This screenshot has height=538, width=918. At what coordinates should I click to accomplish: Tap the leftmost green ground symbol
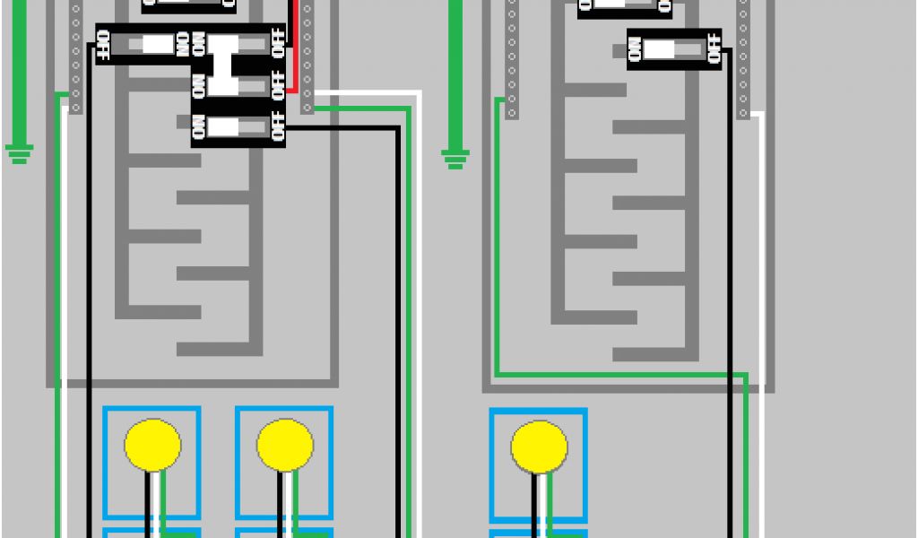pos(19,152)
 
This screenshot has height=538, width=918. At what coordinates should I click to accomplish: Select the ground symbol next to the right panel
pos(455,159)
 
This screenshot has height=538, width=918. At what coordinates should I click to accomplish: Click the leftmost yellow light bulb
pos(152,446)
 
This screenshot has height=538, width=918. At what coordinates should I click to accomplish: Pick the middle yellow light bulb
pos(285,446)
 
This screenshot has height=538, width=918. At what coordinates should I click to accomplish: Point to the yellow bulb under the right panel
pos(539,447)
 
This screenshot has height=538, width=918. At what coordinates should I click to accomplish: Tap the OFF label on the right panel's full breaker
pos(713,48)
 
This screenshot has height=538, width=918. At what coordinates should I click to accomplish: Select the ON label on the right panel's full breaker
pos(636,50)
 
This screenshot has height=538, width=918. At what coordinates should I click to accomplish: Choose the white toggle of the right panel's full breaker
pos(660,49)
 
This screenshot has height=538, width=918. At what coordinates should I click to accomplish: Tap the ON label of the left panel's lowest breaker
pos(198,128)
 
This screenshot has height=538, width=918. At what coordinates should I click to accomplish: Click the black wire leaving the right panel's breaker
pos(729,269)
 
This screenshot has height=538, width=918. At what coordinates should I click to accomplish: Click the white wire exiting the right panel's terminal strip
pos(762,269)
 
